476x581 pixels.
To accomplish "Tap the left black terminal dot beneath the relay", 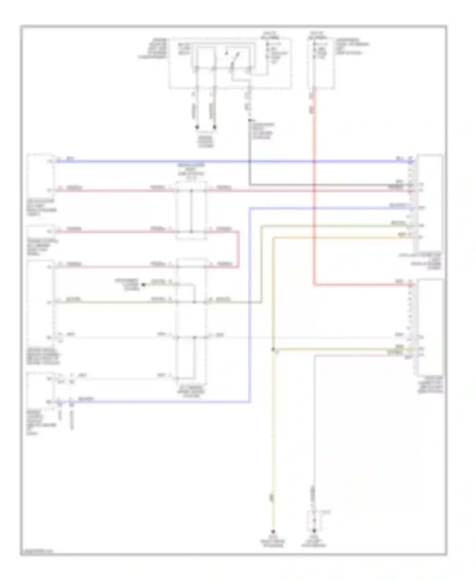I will pyautogui.click(x=197, y=127).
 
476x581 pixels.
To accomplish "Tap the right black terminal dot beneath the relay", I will pyautogui.click(x=215, y=127).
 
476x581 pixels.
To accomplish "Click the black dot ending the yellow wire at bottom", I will pyautogui.click(x=273, y=531).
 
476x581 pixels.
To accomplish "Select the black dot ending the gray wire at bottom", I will pyautogui.click(x=314, y=530).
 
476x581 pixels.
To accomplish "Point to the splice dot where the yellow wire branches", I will pyautogui.click(x=273, y=349).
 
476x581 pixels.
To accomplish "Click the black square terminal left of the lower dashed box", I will pyautogui.click(x=143, y=284).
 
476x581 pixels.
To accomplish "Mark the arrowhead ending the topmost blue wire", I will pyautogui.click(x=411, y=162).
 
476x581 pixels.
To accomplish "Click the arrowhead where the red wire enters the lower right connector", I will pyautogui.click(x=411, y=285).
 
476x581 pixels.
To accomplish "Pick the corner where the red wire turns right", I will pyautogui.click(x=314, y=285).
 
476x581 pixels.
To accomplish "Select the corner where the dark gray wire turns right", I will pyautogui.click(x=250, y=184).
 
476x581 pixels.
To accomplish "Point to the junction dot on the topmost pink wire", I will pyautogui.click(x=191, y=191).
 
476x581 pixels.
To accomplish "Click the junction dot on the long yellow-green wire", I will pyautogui.click(x=195, y=302).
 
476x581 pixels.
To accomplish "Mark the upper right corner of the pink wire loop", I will pyautogui.click(x=238, y=232).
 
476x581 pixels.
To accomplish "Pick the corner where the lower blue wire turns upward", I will pyautogui.click(x=250, y=402).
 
